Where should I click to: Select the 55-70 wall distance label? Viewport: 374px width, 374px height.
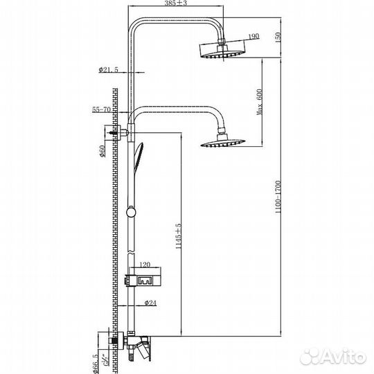(101, 110)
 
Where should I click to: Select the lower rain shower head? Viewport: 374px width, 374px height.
(223, 143)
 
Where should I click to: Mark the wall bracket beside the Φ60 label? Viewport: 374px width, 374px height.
(118, 130)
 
